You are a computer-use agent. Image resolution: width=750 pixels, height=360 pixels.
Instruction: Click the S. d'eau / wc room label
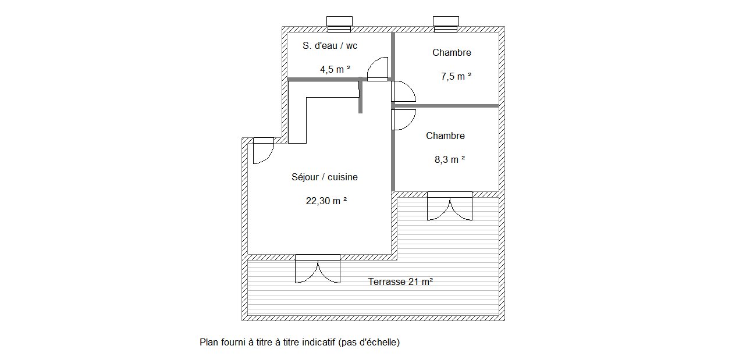(x=330, y=45)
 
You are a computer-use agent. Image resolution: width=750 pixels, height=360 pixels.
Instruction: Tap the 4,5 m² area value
(x=335, y=69)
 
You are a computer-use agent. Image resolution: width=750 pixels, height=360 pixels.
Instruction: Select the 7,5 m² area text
(x=456, y=76)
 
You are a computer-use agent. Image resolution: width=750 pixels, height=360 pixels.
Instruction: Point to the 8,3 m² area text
(x=450, y=159)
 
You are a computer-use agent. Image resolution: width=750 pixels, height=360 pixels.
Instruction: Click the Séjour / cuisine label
(x=325, y=177)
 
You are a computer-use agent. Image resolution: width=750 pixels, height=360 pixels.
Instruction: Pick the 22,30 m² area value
(x=326, y=201)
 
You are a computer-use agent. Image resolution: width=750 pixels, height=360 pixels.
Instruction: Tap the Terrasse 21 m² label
(x=400, y=281)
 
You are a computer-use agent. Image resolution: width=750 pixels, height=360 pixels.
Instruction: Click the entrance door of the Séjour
(x=264, y=151)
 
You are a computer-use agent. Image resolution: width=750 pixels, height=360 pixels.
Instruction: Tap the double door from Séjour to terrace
(x=318, y=269)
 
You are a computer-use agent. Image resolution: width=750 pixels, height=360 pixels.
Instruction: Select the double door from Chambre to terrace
(x=450, y=206)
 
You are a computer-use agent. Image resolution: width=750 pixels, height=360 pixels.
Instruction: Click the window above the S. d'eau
(x=339, y=24)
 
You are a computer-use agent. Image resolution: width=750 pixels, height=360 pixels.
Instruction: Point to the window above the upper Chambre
(x=446, y=24)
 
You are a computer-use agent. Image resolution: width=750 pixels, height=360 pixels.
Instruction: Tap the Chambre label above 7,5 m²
(x=452, y=52)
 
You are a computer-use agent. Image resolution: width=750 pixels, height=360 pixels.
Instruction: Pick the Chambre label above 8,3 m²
(x=445, y=136)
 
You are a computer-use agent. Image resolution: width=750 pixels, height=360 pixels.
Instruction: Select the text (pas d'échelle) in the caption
(x=369, y=343)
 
